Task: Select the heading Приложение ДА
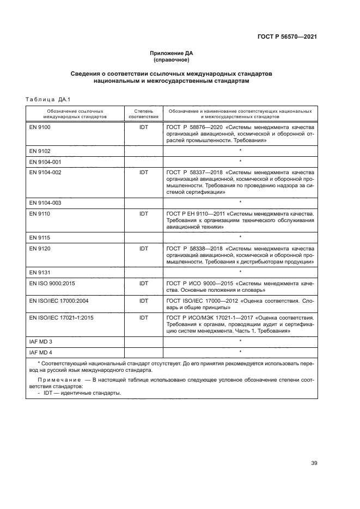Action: pyautogui.click(x=172, y=53)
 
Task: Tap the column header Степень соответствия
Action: pyautogui.click(x=144, y=114)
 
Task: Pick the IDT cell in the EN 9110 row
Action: pyautogui.click(x=144, y=214)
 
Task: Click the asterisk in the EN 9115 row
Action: pyautogui.click(x=240, y=237)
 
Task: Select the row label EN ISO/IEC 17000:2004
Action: pyautogui.click(x=59, y=301)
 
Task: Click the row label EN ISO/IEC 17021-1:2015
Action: pyautogui.click(x=62, y=317)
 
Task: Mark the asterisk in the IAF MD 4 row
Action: pyautogui.click(x=240, y=352)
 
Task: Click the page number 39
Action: pyautogui.click(x=314, y=463)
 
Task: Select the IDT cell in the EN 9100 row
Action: pyautogui.click(x=144, y=127)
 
